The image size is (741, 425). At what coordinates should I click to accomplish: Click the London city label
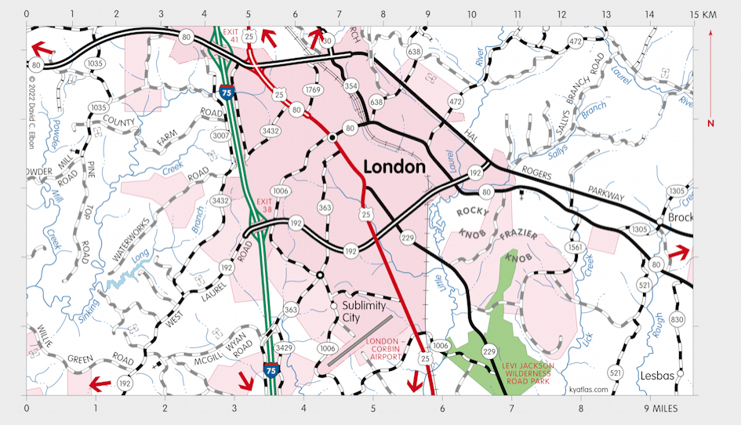point(394,167)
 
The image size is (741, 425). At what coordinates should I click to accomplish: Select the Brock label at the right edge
point(680,217)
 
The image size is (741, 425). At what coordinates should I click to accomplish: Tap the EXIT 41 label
point(231,36)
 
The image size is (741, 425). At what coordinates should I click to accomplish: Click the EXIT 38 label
point(264,206)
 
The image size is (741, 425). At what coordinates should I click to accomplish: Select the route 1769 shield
point(313,90)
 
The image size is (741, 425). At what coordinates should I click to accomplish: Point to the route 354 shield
point(351,85)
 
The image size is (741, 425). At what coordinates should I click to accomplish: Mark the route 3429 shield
point(284,347)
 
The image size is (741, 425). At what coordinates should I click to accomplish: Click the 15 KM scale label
point(704,15)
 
